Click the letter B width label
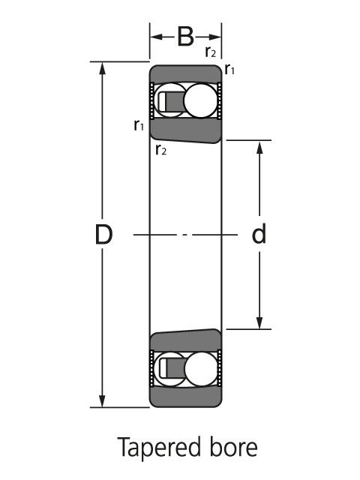pyautogui.click(x=185, y=37)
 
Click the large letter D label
pyautogui.click(x=103, y=235)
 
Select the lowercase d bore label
pyautogui.click(x=259, y=234)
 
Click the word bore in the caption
pyautogui.click(x=233, y=448)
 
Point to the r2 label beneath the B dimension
pyautogui.click(x=211, y=52)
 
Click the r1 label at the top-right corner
pyautogui.click(x=229, y=69)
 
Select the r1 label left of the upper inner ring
pyautogui.click(x=139, y=125)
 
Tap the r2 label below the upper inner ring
pyautogui.click(x=161, y=150)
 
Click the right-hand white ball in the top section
pyautogui.click(x=201, y=100)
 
